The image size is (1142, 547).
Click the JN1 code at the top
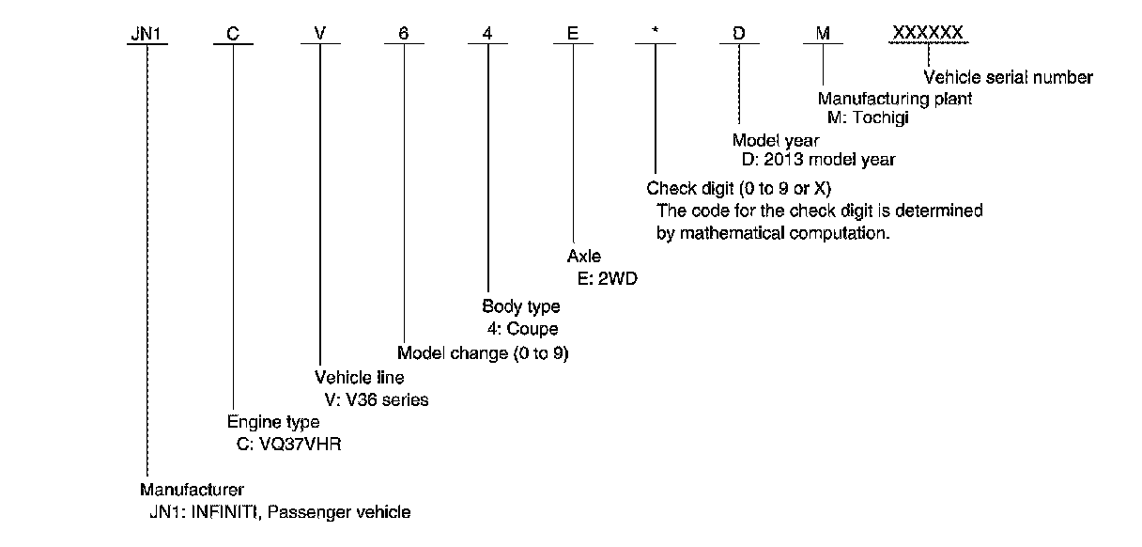tap(147, 34)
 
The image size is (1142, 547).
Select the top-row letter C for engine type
tap(233, 34)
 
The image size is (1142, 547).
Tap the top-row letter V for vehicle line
tap(319, 34)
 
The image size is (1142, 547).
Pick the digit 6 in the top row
tap(404, 34)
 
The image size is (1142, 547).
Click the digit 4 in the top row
tap(487, 34)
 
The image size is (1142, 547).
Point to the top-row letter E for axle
tap(572, 34)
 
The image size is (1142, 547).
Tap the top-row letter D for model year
tap(739, 34)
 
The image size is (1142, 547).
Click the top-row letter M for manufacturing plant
tap(823, 34)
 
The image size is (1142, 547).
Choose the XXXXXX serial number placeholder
tap(927, 34)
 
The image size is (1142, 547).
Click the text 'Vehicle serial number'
tap(1009, 78)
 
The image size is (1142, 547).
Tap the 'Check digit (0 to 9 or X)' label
tap(739, 189)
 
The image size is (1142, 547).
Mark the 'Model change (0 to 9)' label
tap(484, 354)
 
